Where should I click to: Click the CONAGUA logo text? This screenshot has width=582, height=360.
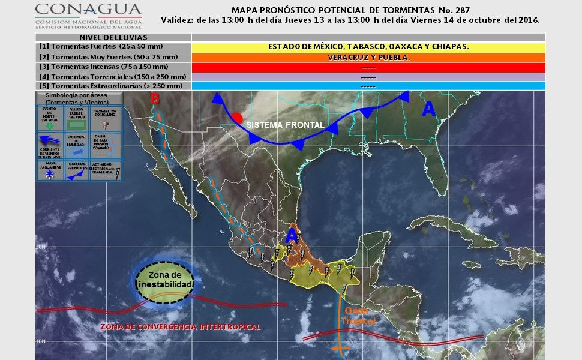(88, 10)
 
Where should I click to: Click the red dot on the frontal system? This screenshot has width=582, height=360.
(238, 118)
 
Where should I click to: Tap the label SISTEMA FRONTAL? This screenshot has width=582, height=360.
(286, 125)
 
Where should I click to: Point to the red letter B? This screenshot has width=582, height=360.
(155, 98)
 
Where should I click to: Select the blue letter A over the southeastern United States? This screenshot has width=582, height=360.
(428, 109)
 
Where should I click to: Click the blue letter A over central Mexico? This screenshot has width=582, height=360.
(292, 236)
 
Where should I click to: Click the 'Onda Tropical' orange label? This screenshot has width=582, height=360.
(360, 316)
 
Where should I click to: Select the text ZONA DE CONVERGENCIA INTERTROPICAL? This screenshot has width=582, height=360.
(180, 326)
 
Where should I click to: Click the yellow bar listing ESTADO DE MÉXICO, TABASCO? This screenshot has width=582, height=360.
(368, 47)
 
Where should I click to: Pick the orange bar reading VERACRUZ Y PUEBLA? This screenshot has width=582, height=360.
(368, 58)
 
